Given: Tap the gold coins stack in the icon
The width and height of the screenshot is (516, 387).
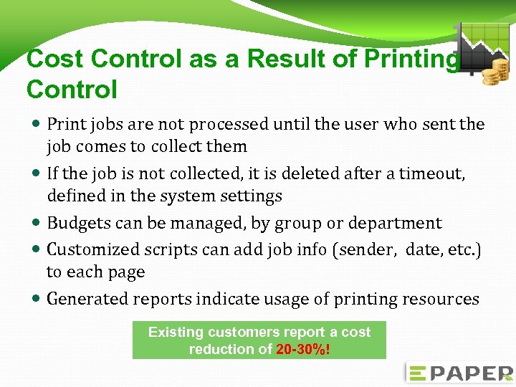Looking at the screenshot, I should point(495,72).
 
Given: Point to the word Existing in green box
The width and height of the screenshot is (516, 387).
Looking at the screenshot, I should point(176,333).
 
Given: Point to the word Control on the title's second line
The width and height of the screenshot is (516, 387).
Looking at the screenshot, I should point(72,90).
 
